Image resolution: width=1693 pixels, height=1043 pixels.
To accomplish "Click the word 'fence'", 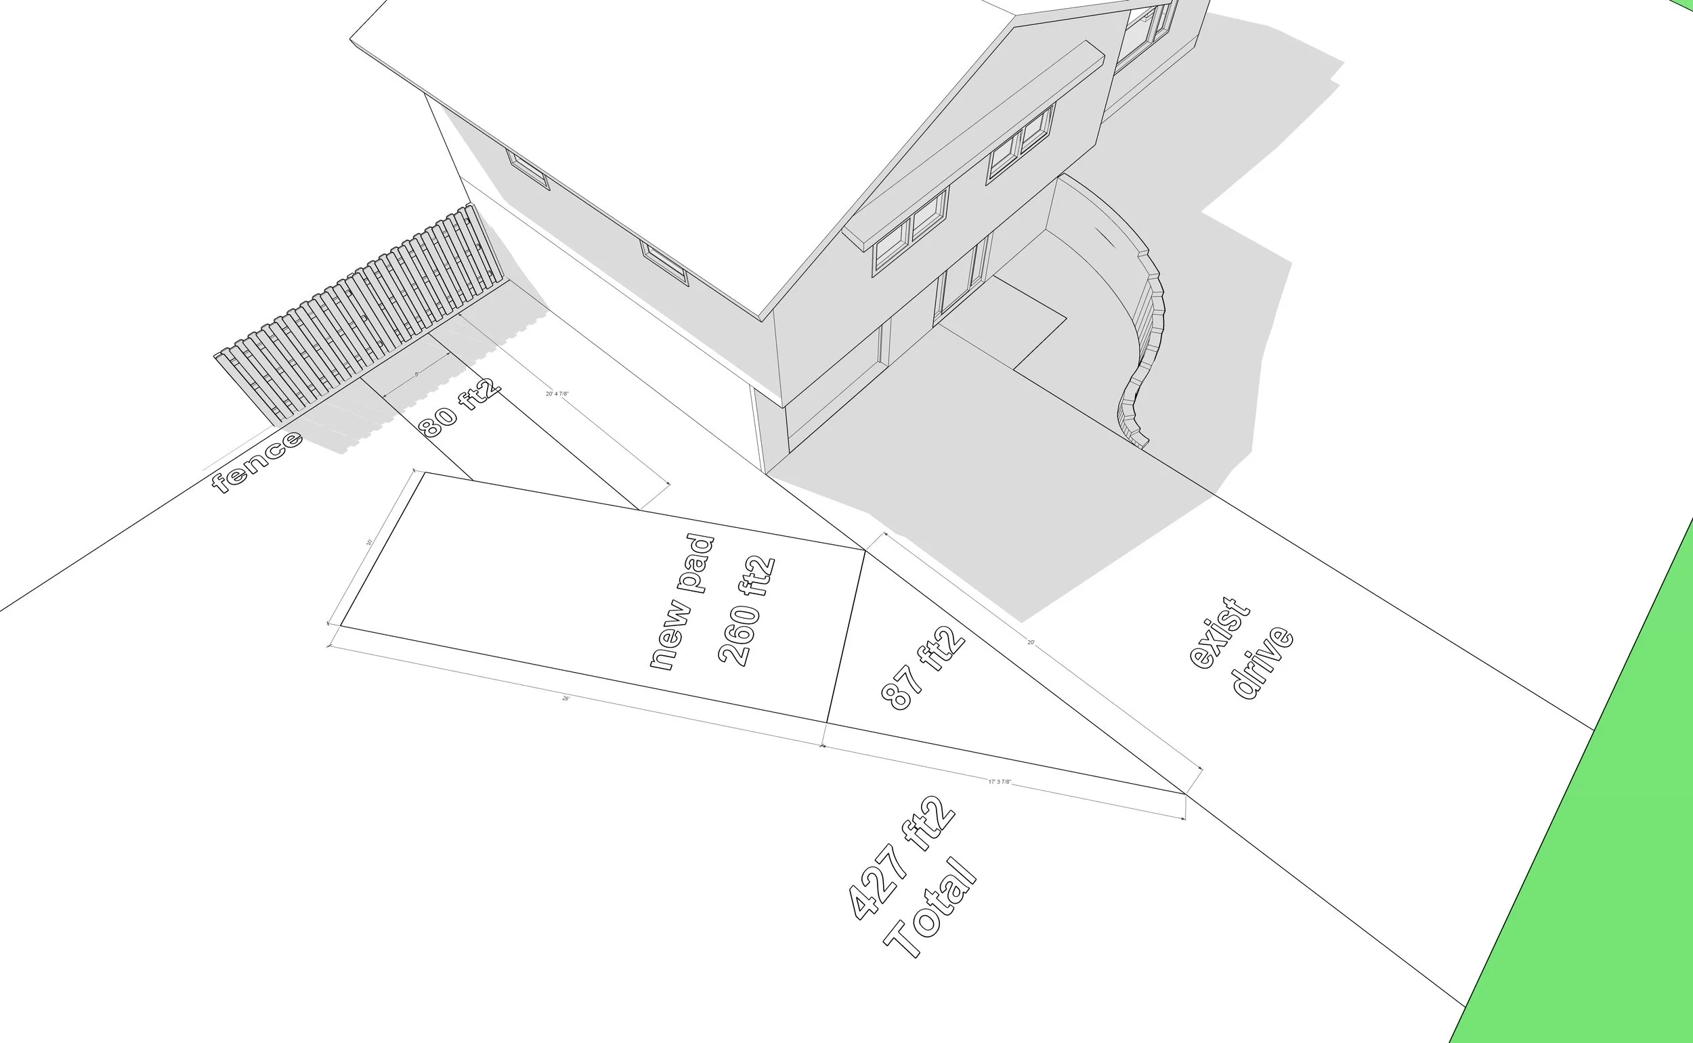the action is click(x=257, y=462).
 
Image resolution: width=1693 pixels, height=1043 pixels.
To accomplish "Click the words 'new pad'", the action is click(x=682, y=602).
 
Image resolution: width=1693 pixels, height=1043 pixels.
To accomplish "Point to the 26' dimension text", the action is click(x=566, y=698).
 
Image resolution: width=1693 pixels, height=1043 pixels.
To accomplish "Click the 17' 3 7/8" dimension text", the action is click(x=1000, y=782).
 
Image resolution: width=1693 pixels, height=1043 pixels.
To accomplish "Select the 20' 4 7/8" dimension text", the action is click(x=557, y=394).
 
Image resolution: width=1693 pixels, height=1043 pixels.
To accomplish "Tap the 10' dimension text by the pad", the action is click(x=370, y=542).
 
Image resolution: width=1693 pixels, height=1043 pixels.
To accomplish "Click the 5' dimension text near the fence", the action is click(x=417, y=374).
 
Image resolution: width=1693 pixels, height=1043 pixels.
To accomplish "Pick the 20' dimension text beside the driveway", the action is click(x=1031, y=642).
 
